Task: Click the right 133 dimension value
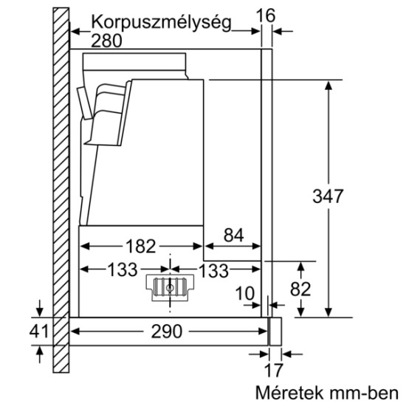213,270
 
